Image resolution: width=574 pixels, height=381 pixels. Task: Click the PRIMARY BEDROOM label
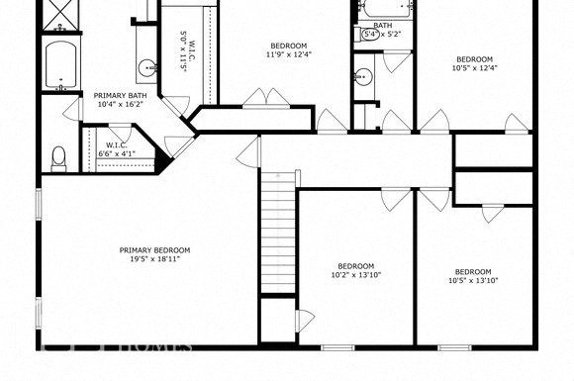(154, 250)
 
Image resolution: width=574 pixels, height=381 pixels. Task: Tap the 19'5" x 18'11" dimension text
(154, 261)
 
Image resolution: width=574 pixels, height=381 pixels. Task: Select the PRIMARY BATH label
(116, 96)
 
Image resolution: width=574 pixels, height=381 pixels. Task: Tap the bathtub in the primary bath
(62, 63)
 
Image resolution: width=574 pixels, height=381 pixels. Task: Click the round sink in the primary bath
(147, 68)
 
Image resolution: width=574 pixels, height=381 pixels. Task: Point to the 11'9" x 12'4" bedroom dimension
(288, 54)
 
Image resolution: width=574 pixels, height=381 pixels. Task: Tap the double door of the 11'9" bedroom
(262, 98)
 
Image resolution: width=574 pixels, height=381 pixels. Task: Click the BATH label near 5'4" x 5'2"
(383, 26)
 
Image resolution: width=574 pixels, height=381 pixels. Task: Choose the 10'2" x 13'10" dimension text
(355, 275)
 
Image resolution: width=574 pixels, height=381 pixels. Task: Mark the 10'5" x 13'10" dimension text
(472, 281)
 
